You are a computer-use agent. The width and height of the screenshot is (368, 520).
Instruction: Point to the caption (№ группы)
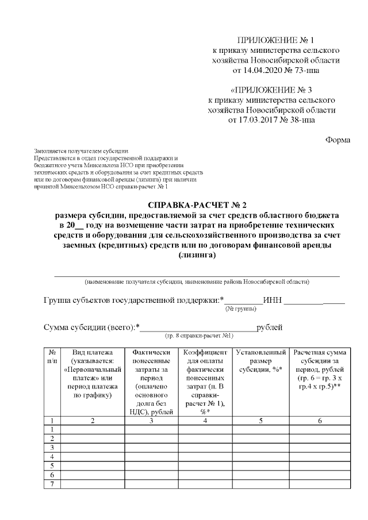click(x=241, y=309)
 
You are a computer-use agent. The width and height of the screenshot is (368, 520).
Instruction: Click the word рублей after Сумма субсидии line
click(x=269, y=328)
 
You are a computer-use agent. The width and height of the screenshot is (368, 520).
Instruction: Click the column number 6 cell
click(x=320, y=421)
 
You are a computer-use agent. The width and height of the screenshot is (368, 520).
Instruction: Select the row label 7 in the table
click(x=52, y=484)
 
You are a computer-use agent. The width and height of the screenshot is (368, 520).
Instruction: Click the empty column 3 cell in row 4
click(x=151, y=457)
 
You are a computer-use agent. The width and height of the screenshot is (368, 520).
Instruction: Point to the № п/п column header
click(x=52, y=356)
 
